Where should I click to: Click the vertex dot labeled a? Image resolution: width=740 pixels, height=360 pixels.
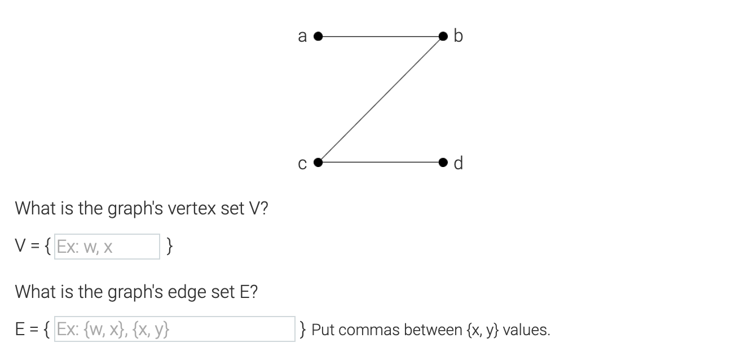click(x=318, y=37)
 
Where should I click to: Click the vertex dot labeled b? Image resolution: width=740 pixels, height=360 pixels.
click(x=445, y=37)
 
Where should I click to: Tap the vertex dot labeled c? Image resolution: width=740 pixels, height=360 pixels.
click(x=318, y=163)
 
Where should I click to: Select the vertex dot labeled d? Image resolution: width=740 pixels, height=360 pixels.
click(x=445, y=163)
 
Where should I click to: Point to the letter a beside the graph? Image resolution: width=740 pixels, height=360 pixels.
click(x=302, y=37)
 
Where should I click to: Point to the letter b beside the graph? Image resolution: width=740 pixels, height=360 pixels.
click(x=458, y=36)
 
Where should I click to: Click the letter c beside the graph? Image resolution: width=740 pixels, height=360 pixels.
click(x=302, y=164)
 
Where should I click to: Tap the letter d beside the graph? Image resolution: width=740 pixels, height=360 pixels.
click(x=458, y=163)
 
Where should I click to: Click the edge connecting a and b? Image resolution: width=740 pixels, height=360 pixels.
click(x=381, y=37)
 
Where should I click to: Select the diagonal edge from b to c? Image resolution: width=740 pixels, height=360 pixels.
click(x=381, y=100)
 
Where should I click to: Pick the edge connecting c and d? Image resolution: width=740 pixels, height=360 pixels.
click(x=381, y=163)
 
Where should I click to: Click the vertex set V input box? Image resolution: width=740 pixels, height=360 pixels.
click(x=107, y=247)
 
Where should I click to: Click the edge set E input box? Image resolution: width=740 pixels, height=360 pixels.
click(x=174, y=329)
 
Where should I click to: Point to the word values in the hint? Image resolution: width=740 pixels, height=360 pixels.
click(x=525, y=330)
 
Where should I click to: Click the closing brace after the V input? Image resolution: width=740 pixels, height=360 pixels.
click(x=171, y=247)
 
